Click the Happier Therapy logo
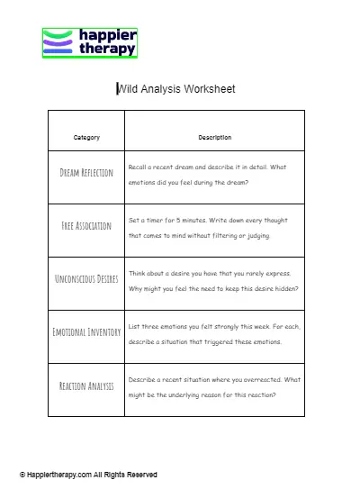[90, 42]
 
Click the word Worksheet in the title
[209, 88]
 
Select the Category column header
[86, 138]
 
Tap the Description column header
[214, 138]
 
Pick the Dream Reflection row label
[86, 173]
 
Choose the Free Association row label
[86, 226]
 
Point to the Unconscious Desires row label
[86, 279]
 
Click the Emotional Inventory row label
[86, 332]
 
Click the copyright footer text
[88, 475]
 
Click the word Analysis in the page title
[161, 88]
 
